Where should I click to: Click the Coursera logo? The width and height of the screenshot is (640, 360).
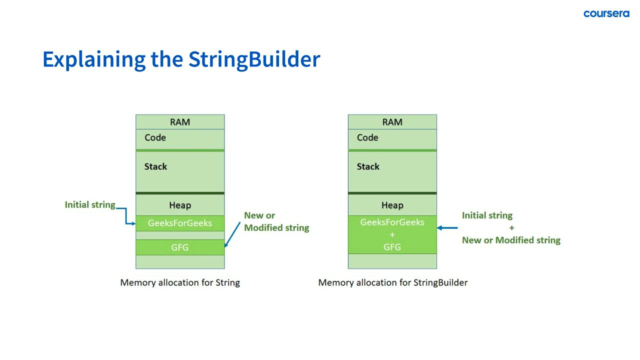point(606,13)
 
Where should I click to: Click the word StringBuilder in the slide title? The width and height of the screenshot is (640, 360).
point(254,59)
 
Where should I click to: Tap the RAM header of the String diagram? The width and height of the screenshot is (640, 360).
point(180,122)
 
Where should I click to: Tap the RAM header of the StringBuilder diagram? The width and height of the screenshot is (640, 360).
point(392,122)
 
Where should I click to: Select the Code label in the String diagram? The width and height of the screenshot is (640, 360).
point(155,137)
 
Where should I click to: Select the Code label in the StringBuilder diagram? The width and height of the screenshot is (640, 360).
point(367,137)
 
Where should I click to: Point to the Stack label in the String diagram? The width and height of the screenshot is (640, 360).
point(155,166)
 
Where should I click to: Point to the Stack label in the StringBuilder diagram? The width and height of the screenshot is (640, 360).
point(368,166)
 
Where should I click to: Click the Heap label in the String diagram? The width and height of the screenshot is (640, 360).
point(180,205)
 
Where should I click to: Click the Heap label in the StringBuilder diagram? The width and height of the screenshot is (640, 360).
point(392,205)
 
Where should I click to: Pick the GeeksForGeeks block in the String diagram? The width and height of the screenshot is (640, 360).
point(180,223)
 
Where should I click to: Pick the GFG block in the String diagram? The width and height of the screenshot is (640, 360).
point(180,247)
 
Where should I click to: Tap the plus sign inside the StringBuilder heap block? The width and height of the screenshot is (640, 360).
point(392,234)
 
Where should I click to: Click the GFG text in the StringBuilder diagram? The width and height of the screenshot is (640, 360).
point(392,247)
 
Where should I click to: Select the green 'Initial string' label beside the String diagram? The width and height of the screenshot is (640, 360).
point(90,204)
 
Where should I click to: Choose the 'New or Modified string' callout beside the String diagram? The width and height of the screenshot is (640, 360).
point(276,221)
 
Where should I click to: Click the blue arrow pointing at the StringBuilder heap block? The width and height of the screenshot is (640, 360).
point(447,228)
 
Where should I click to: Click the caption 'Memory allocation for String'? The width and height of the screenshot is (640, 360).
point(180,282)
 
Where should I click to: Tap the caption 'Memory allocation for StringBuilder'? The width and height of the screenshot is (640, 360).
point(392,282)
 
